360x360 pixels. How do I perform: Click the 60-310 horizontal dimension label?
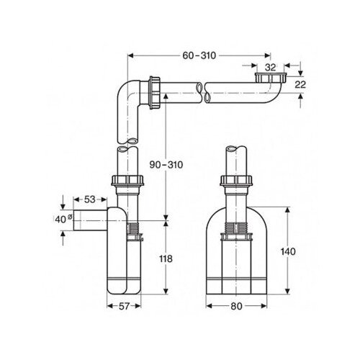pos(199,55)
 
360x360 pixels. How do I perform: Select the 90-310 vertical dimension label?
pos(166,165)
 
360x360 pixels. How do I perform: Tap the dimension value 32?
pos(271,68)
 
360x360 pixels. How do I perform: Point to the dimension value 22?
pos(300,84)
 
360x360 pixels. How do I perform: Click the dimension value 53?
pos(90,199)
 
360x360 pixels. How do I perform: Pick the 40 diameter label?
pos(63,219)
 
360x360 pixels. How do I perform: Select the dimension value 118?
pos(166,258)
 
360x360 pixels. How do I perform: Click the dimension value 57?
pos(124,306)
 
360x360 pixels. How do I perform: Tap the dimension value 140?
pos(288,251)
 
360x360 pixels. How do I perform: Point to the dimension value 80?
pos(236,306)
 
